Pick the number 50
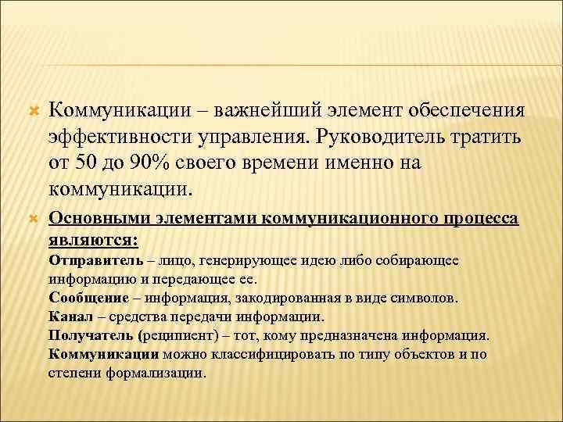click(89, 163)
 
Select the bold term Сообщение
click(87, 298)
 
